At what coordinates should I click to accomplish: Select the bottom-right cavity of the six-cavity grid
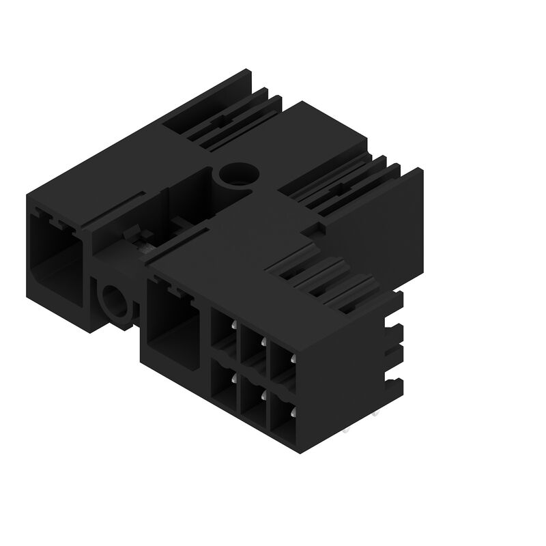(x=283, y=414)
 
